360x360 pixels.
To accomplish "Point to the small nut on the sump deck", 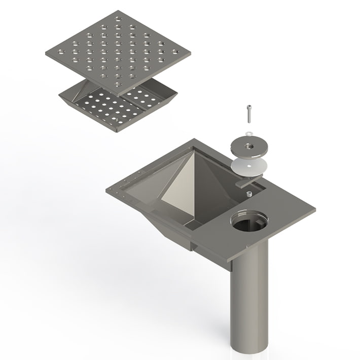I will tap(249, 194).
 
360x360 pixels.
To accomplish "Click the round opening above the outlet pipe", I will tap(249, 222).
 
